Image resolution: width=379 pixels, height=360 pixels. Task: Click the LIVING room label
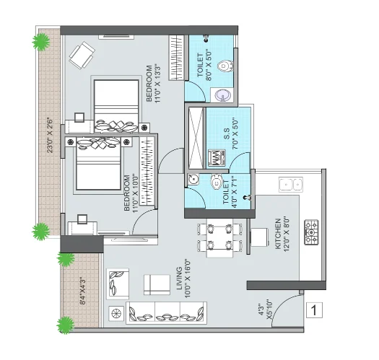point(179,278)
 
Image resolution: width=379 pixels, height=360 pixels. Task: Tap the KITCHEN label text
point(278,234)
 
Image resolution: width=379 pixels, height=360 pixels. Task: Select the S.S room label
point(227,133)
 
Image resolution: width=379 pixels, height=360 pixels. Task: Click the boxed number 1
point(314,310)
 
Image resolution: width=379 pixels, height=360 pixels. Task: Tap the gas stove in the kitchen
point(311,232)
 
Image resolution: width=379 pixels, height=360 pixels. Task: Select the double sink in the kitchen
point(291,185)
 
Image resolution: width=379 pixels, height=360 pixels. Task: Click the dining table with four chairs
point(219,238)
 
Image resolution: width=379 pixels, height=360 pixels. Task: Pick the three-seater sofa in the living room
point(166,312)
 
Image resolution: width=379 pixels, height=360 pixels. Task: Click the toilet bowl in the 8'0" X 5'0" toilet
point(225,66)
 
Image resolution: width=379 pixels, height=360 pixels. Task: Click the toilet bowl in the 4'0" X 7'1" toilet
point(217,181)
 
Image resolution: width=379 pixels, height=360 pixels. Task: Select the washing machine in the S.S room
point(217,158)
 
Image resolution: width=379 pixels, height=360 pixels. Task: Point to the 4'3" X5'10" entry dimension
point(265,310)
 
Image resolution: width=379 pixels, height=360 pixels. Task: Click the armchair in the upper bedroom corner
point(82,56)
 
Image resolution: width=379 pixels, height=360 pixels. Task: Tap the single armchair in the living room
point(118,284)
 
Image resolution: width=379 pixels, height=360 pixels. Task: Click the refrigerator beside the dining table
point(260,237)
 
